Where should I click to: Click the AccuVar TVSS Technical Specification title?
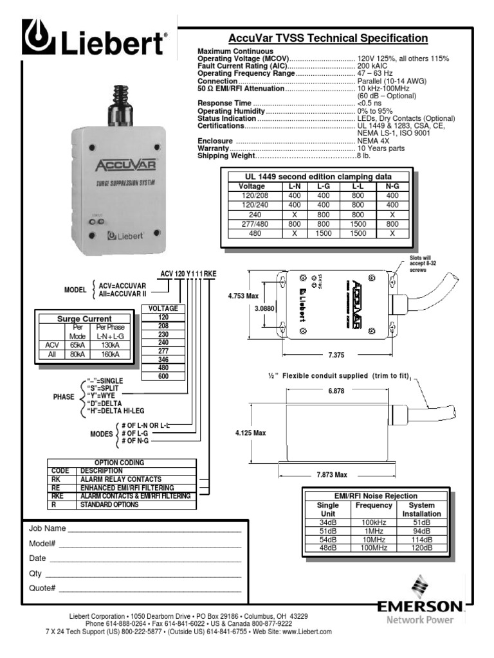pyautogui.click(x=328, y=38)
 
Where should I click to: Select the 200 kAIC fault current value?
pyautogui.click(x=373, y=66)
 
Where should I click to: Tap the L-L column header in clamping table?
pyautogui.click(x=358, y=186)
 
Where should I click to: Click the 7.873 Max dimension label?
pyautogui.click(x=332, y=475)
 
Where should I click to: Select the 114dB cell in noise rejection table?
pyautogui.click(x=422, y=540)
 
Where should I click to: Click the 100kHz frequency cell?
pyautogui.click(x=365, y=523)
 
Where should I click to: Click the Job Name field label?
pyautogui.click(x=47, y=529)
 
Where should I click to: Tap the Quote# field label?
pyautogui.click(x=42, y=588)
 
